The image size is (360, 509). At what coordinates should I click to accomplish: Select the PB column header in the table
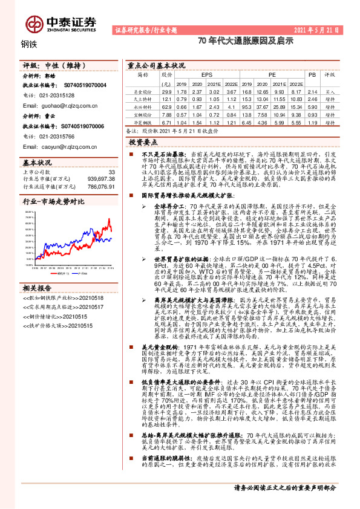tap(312, 75)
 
